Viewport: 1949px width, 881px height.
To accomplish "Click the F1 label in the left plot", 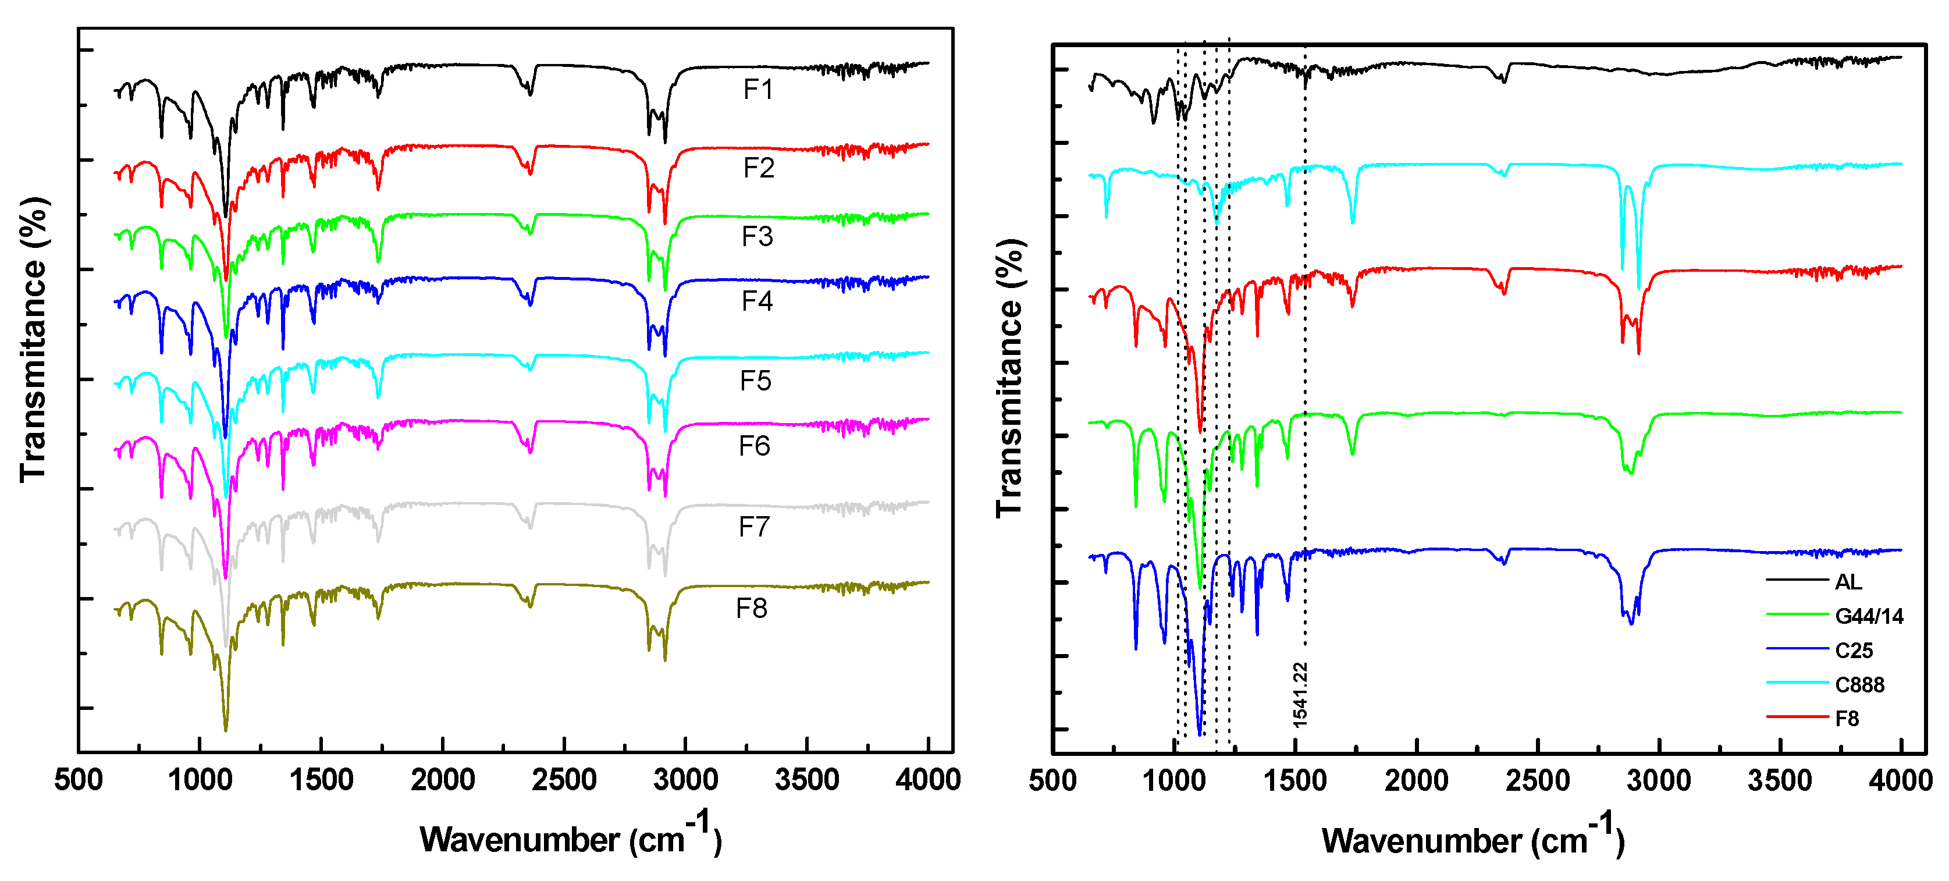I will (x=757, y=90).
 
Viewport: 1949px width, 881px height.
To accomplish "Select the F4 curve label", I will (x=756, y=301).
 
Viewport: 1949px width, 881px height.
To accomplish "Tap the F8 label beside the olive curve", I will (x=751, y=609).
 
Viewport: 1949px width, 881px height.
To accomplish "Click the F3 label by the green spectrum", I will (x=756, y=237).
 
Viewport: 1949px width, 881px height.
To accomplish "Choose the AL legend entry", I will (x=1848, y=582).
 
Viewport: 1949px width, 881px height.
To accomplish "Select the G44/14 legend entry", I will (x=1868, y=616).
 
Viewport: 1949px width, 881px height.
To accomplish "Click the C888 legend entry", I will (x=1859, y=685).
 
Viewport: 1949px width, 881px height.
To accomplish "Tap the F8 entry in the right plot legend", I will (x=1846, y=718).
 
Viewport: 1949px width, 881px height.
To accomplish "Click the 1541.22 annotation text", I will (x=1300, y=695).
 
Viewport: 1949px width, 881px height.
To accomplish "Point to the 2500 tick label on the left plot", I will (x=564, y=780).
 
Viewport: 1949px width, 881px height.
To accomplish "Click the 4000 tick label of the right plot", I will (x=1900, y=780).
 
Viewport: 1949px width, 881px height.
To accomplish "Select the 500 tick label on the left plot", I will (x=78, y=780).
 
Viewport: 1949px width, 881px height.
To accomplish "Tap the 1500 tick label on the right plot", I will (x=1294, y=780).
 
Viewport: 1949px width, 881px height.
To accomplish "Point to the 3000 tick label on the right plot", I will (x=1659, y=780).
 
